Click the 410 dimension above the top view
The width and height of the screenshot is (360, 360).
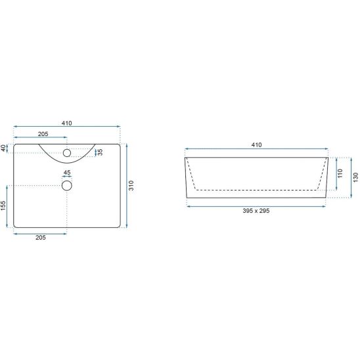tap(66, 124)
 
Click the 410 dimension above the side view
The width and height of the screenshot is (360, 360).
tap(256, 145)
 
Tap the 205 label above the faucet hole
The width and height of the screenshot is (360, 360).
tap(43, 134)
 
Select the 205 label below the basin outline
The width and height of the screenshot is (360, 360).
tap(41, 237)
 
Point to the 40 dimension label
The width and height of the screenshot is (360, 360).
tap(3, 148)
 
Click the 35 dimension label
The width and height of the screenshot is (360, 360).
tap(100, 152)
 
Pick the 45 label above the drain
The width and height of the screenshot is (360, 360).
tap(67, 172)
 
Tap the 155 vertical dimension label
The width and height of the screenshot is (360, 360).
tap(3, 206)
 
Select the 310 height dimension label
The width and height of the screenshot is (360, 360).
tap(131, 185)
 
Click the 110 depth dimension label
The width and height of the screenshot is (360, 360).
tap(340, 173)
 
